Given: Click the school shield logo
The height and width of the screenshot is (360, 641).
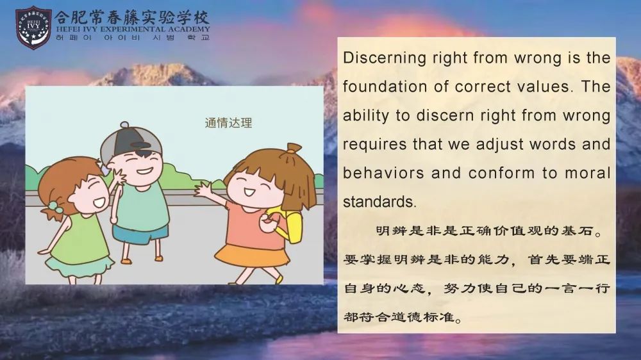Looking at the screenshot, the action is click(x=33, y=27).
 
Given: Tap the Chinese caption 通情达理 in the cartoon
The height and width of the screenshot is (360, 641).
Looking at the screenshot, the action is click(x=229, y=122).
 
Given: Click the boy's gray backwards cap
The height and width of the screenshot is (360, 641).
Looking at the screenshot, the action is click(x=130, y=142).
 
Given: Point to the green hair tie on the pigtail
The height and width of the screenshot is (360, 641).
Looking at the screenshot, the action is click(x=54, y=208).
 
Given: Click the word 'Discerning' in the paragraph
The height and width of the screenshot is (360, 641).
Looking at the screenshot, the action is click(x=385, y=58).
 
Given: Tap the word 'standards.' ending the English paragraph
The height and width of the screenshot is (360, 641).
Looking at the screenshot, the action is click(x=379, y=201).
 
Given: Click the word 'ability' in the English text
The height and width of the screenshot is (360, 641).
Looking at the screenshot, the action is click(x=365, y=116).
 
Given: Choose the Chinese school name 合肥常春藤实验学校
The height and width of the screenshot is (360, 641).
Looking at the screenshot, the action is click(x=131, y=17).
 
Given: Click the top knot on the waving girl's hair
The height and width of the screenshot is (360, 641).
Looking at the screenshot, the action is click(x=294, y=147).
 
